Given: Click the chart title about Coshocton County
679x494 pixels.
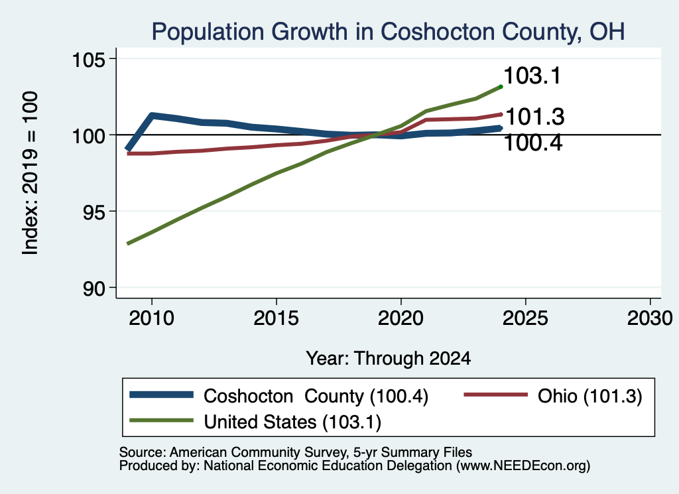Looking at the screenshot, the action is (x=388, y=32).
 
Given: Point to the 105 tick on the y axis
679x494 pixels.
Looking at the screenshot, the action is (x=89, y=60).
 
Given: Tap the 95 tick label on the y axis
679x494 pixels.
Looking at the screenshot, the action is (x=94, y=212).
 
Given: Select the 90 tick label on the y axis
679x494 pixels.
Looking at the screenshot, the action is (x=94, y=288).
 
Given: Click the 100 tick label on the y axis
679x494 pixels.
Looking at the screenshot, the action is (x=89, y=136).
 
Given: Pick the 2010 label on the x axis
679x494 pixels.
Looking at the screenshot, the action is (x=152, y=318).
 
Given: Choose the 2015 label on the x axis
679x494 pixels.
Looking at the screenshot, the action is (x=276, y=318).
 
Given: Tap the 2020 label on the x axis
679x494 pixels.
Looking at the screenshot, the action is (x=401, y=318).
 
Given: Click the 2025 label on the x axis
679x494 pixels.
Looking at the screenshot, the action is (x=525, y=318).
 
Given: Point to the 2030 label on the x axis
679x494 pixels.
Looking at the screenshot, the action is (x=650, y=318).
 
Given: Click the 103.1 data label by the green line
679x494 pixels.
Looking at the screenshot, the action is (x=532, y=76).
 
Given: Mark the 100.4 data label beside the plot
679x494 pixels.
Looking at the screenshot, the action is (x=533, y=143).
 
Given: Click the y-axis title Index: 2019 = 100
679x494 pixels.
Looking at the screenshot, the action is (x=31, y=173).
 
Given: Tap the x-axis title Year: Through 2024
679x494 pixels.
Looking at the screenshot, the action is (x=389, y=359).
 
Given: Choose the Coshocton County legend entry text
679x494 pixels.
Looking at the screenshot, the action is (x=316, y=396).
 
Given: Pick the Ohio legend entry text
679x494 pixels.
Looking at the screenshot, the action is (x=589, y=396).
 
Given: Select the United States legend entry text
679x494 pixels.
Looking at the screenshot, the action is (x=292, y=422).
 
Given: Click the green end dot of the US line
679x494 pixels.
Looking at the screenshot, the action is (x=501, y=87).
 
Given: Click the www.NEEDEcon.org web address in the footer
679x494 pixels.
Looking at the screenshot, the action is (x=523, y=466).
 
